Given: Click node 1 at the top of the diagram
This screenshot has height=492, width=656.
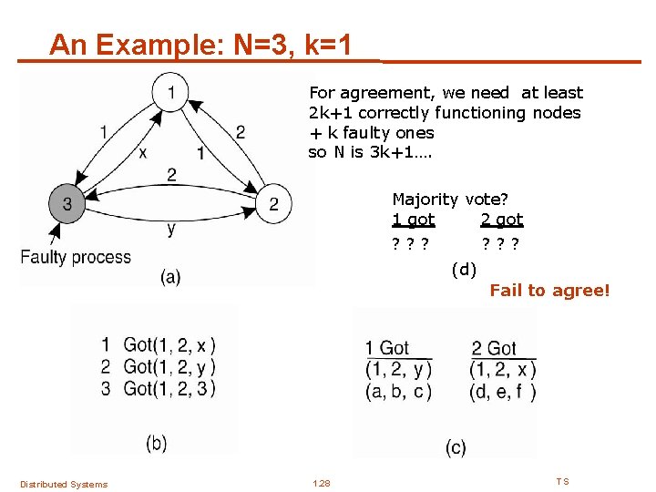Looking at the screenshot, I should [x=171, y=91].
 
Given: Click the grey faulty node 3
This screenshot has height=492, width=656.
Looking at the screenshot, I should [x=67, y=202].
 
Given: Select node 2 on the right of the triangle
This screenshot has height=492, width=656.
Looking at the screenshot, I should [x=273, y=202].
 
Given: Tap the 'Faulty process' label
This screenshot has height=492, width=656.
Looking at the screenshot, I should [x=76, y=257].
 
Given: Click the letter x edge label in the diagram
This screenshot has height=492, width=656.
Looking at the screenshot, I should [x=143, y=152].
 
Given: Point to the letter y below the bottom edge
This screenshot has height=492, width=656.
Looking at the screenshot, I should [x=171, y=230].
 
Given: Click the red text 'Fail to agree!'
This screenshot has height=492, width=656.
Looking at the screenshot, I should [x=549, y=291].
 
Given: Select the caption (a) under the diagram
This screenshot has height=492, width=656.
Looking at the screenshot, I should [x=169, y=277].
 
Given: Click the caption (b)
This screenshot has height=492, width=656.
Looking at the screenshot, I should [x=157, y=443].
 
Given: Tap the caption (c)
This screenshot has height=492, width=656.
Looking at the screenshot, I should [x=456, y=447].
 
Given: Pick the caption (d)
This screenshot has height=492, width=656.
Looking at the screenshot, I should [x=464, y=269].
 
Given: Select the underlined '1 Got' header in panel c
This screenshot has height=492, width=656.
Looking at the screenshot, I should [x=387, y=348].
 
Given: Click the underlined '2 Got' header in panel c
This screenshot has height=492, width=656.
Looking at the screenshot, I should [x=494, y=348].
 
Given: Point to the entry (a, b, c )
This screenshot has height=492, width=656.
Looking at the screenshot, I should [x=397, y=392].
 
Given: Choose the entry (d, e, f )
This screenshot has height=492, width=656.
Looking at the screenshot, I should [x=503, y=392].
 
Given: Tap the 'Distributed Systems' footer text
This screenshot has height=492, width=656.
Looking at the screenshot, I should [x=64, y=484].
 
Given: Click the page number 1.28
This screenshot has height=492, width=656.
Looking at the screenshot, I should [x=322, y=483].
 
